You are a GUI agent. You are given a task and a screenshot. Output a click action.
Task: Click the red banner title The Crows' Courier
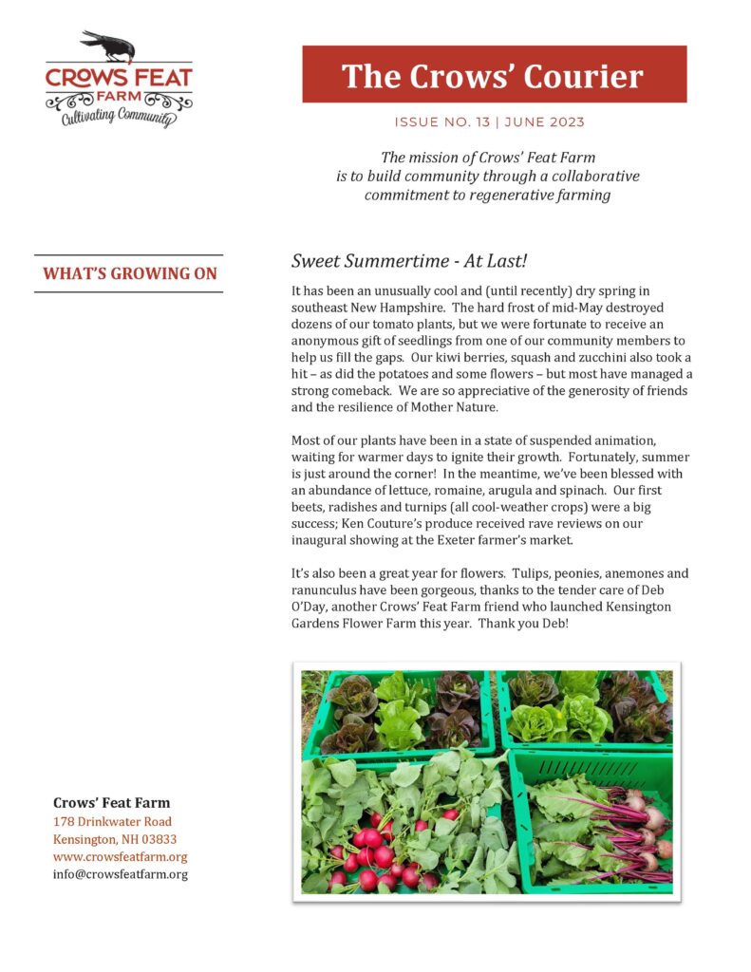493,75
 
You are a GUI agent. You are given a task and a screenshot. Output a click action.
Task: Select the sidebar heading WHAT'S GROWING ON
129,274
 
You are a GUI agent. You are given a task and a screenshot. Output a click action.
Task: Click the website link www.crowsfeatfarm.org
120,857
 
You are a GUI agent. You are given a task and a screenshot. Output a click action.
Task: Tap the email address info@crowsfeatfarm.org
120,874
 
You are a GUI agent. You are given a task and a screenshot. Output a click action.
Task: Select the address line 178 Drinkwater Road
112,822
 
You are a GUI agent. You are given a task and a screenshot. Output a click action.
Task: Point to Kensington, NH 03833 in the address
115,840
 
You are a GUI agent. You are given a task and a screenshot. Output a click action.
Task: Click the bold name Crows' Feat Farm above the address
112,803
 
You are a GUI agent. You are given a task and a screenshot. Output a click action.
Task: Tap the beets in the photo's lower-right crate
646,835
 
